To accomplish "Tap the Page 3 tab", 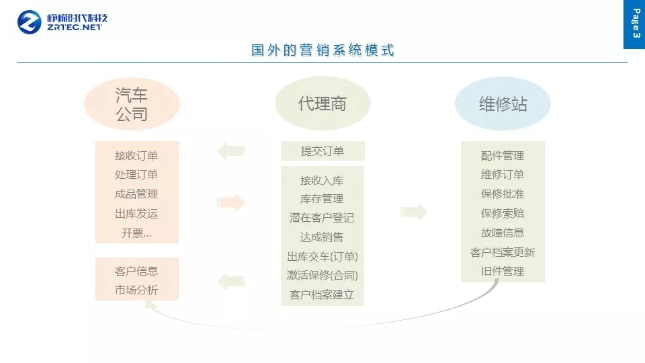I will pyautogui.click(x=634, y=24).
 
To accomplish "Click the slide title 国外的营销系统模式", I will pyautogui.click(x=322, y=50).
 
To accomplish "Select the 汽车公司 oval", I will pyautogui.click(x=132, y=104).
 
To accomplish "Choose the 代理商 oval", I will pyautogui.click(x=322, y=104).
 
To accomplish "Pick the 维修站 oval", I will pyautogui.click(x=503, y=104).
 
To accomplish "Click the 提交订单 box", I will pyautogui.click(x=322, y=151).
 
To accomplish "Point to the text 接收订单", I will pyautogui.click(x=136, y=155).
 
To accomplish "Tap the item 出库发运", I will pyautogui.click(x=136, y=214).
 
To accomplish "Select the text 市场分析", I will pyautogui.click(x=136, y=290).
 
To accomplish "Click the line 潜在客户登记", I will pyautogui.click(x=322, y=218).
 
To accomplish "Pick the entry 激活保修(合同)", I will pyautogui.click(x=322, y=276).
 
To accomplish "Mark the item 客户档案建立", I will pyautogui.click(x=322, y=294).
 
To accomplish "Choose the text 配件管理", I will pyautogui.click(x=503, y=155).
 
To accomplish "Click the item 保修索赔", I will pyautogui.click(x=503, y=214).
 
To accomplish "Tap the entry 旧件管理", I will pyautogui.click(x=503, y=272).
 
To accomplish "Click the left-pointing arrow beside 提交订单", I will pyautogui.click(x=231, y=151).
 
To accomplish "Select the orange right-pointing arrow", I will pyautogui.click(x=231, y=202).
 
